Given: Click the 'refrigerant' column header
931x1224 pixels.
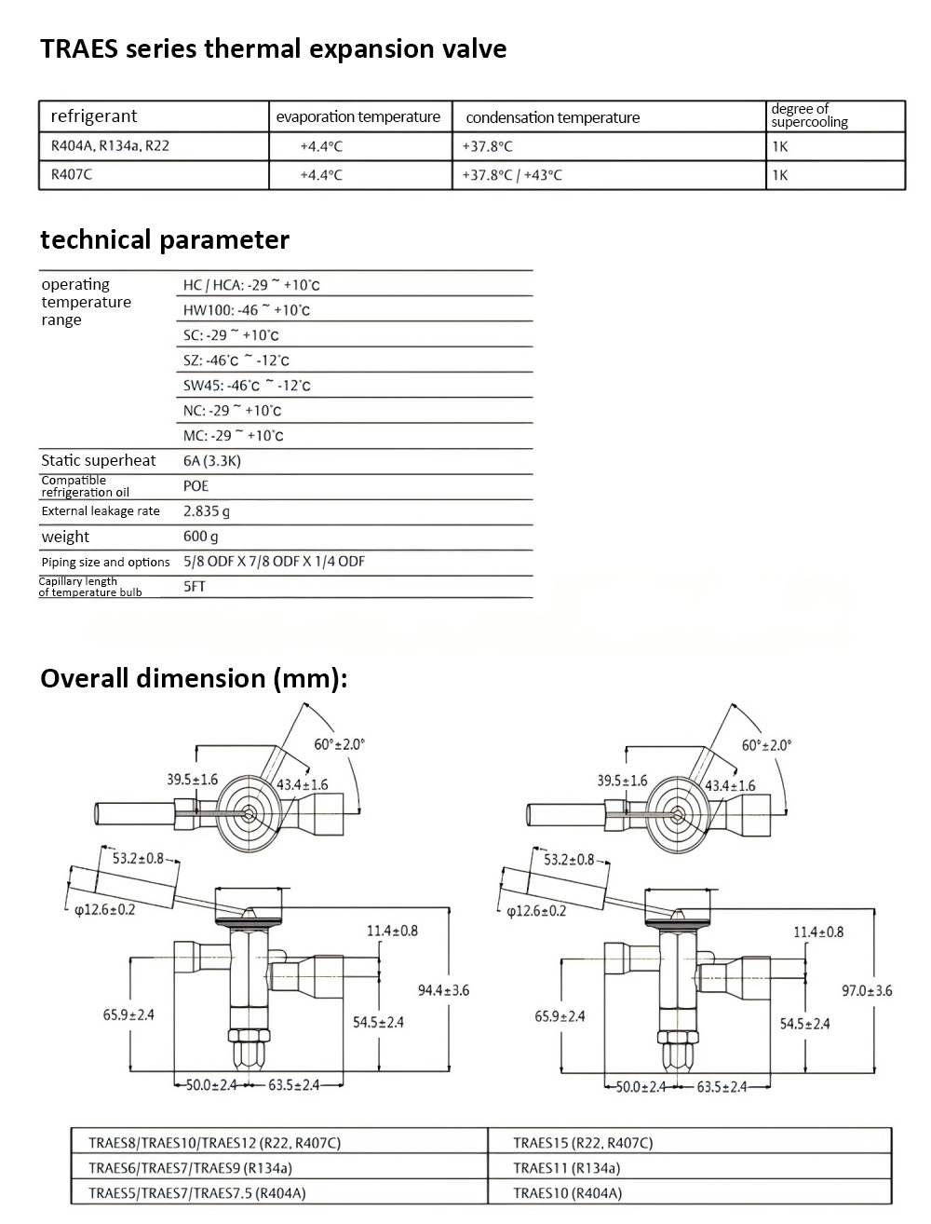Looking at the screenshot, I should (93, 116).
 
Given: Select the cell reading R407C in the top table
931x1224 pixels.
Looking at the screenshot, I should (72, 174).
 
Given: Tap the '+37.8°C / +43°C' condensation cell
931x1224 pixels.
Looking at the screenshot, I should (512, 175).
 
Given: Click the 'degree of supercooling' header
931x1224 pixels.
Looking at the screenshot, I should (809, 116).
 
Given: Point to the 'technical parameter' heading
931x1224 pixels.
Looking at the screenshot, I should (164, 240).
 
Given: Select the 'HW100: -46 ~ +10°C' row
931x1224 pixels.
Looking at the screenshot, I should (247, 310).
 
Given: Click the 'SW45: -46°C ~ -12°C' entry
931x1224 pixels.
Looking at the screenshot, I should (247, 386).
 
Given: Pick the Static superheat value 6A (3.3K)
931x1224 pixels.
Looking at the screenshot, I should (212, 461).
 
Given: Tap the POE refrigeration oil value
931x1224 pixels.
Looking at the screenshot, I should (196, 486).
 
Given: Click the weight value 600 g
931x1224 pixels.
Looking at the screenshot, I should (201, 537).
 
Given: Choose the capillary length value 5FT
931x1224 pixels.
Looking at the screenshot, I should (195, 587).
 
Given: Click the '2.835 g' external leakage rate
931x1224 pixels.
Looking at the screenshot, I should (207, 511).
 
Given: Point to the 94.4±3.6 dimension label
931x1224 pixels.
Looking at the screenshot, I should (443, 990).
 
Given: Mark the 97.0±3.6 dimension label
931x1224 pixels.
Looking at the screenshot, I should (867, 990).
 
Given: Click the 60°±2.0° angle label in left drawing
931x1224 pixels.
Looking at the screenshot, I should (340, 744).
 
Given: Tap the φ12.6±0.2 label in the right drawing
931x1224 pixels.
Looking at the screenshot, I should (536, 910).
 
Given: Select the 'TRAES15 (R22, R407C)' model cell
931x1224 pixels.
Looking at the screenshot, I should (583, 1143).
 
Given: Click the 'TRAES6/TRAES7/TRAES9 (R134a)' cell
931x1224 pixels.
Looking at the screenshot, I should (196, 1168).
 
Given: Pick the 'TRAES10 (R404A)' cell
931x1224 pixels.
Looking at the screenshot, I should (568, 1193).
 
